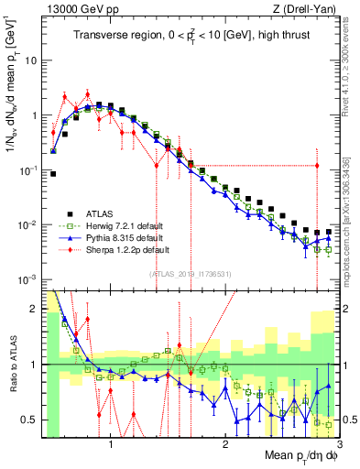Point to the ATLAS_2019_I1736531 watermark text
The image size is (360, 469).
[190, 273]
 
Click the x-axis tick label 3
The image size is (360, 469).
[338, 444]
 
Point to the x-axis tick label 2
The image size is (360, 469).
[225, 444]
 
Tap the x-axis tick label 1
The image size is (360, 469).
[111, 444]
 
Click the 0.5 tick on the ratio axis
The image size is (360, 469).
[29, 420]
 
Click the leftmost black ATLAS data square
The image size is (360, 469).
[53, 173]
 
